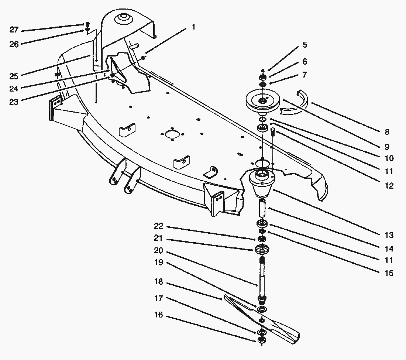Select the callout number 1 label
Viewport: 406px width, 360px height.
tap(193, 27)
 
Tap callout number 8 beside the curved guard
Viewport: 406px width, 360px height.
tap(386, 132)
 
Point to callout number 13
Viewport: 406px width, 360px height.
tap(388, 235)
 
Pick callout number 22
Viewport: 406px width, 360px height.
tap(158, 226)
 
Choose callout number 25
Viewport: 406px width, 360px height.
tap(14, 76)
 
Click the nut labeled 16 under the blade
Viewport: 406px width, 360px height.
tap(262, 340)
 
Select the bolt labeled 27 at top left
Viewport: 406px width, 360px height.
tap(87, 24)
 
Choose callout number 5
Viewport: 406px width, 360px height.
tap(304, 45)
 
